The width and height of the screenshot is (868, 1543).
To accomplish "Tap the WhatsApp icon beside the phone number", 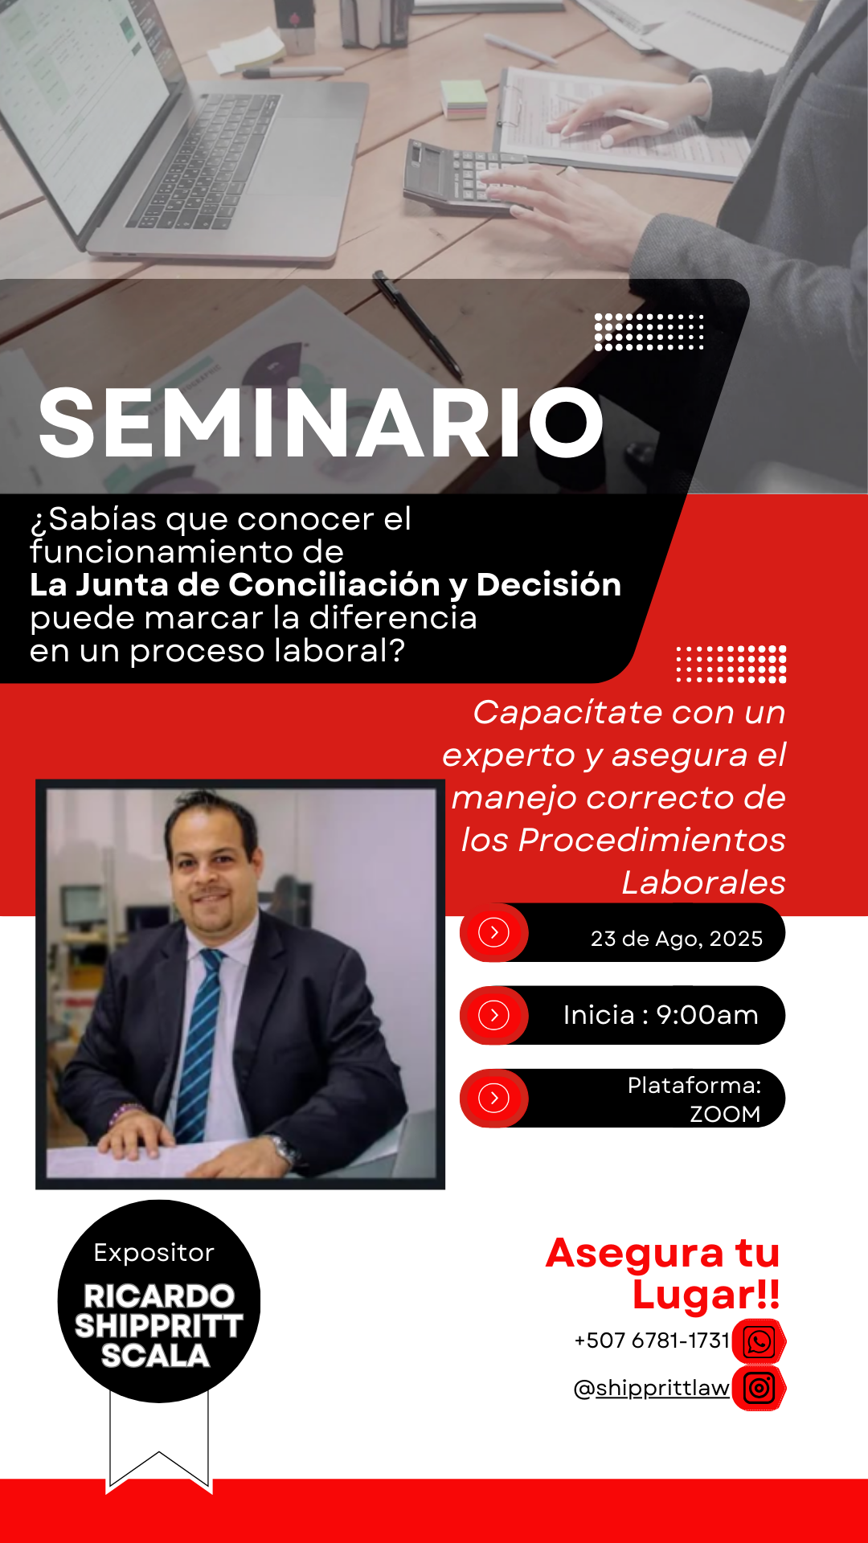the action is point(759,1341).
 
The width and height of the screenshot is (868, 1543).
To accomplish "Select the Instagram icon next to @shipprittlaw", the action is point(759,1388).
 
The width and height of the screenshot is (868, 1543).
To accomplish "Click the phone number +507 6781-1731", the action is point(652,1340).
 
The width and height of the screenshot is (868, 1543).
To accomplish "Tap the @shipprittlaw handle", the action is point(652,1388).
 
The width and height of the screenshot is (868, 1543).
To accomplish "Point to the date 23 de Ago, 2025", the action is point(677,939).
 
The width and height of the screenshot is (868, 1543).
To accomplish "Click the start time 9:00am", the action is point(707,1015).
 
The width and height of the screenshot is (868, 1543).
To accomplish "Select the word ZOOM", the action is point(725,1114).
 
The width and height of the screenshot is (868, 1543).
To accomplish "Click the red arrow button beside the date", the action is point(494,932).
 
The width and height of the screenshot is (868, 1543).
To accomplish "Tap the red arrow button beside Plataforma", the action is point(494,1098).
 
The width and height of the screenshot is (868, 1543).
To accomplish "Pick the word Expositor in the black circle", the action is point(154,1253).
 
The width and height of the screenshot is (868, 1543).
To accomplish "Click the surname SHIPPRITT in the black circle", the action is point(159,1326).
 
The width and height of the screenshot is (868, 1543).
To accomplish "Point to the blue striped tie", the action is point(198,1045).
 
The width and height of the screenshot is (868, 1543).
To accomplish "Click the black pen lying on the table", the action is point(418,325).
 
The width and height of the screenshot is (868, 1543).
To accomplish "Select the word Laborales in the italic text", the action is point(703,882).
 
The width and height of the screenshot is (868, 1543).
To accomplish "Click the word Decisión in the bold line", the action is point(549,584).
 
